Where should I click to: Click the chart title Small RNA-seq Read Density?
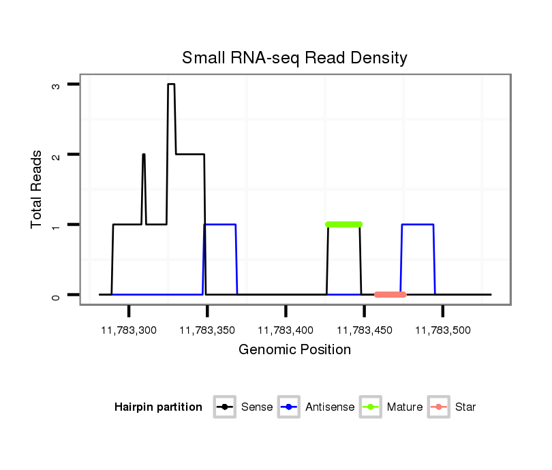point(294,58)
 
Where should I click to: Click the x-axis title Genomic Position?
point(294,350)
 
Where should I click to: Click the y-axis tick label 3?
point(57,84)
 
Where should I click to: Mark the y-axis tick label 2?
point(57,155)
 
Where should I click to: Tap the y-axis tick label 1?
point(57,225)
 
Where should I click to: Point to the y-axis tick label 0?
point(57,295)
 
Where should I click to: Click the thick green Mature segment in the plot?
point(343,224)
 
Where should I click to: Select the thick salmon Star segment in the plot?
point(390,294)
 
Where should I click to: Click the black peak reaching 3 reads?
point(171,85)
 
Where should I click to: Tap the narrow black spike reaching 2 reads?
point(144,155)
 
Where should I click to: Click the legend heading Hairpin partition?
point(158,407)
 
